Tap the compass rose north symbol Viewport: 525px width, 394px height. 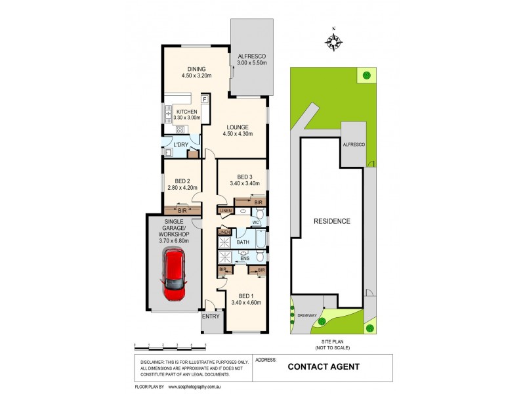point(334,42)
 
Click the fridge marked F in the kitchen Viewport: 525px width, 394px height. point(205,100)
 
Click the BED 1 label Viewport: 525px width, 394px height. point(246,298)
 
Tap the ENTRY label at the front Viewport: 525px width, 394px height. point(211,317)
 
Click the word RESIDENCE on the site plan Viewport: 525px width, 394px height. point(331,221)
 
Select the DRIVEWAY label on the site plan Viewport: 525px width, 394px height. point(313,315)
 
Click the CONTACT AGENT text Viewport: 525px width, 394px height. point(324,367)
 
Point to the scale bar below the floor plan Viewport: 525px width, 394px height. point(170,345)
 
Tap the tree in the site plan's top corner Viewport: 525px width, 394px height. point(366,76)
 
